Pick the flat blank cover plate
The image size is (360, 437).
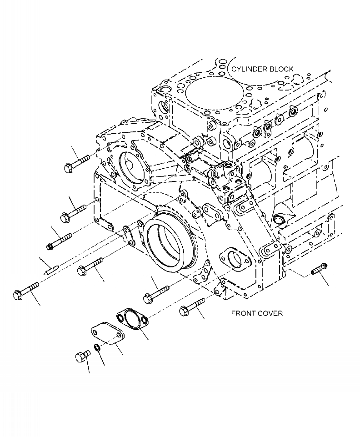(107, 333)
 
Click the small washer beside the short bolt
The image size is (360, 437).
(97, 349)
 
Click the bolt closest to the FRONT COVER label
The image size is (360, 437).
(193, 306)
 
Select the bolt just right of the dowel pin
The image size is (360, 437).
(91, 266)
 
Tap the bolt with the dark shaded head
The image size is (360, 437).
(60, 241)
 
